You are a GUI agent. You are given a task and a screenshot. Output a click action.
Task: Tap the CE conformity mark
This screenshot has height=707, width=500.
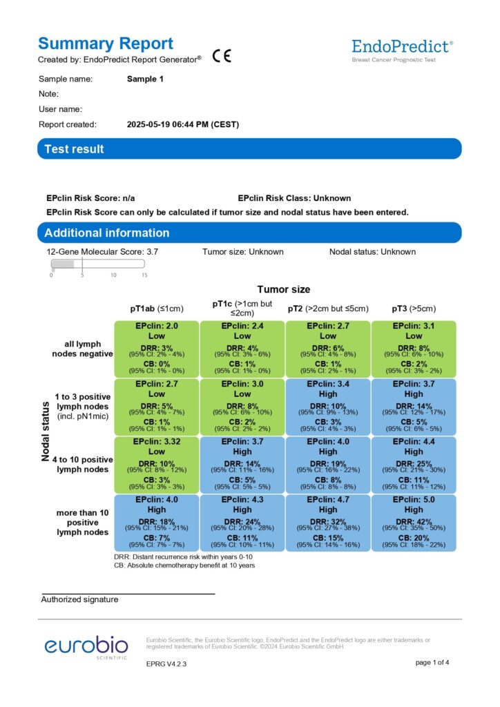(222, 57)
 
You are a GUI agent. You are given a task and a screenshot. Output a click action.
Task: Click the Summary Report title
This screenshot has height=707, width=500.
(106, 43)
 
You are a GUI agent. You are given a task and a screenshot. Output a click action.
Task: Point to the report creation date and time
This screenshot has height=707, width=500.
(183, 125)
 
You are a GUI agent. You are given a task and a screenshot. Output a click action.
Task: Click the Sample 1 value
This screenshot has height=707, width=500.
(145, 79)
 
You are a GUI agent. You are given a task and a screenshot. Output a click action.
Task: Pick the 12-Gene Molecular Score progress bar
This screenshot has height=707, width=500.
(97, 264)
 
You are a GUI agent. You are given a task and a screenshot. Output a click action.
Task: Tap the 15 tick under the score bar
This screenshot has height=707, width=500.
(144, 274)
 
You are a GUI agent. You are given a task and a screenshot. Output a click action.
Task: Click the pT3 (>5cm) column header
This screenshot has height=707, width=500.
(413, 309)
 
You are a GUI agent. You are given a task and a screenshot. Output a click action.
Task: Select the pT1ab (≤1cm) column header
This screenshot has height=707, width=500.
(156, 309)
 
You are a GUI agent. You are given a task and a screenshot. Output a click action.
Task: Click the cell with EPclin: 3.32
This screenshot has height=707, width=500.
(157, 464)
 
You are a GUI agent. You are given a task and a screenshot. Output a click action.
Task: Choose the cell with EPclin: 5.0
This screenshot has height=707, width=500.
(413, 522)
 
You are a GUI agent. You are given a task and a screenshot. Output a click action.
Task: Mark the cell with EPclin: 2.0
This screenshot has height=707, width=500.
(157, 348)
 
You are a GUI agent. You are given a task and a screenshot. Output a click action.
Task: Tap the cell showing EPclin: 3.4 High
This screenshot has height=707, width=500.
(328, 406)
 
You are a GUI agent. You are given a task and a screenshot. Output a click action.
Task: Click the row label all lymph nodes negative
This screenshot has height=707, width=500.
(82, 349)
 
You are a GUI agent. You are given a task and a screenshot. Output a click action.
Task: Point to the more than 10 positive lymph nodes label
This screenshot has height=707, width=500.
(82, 523)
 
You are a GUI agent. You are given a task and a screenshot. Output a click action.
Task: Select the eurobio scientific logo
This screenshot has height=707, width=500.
(86, 648)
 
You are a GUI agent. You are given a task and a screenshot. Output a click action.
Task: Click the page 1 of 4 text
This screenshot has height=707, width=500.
(432, 663)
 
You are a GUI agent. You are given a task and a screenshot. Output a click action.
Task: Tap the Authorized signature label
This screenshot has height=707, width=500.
(79, 599)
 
